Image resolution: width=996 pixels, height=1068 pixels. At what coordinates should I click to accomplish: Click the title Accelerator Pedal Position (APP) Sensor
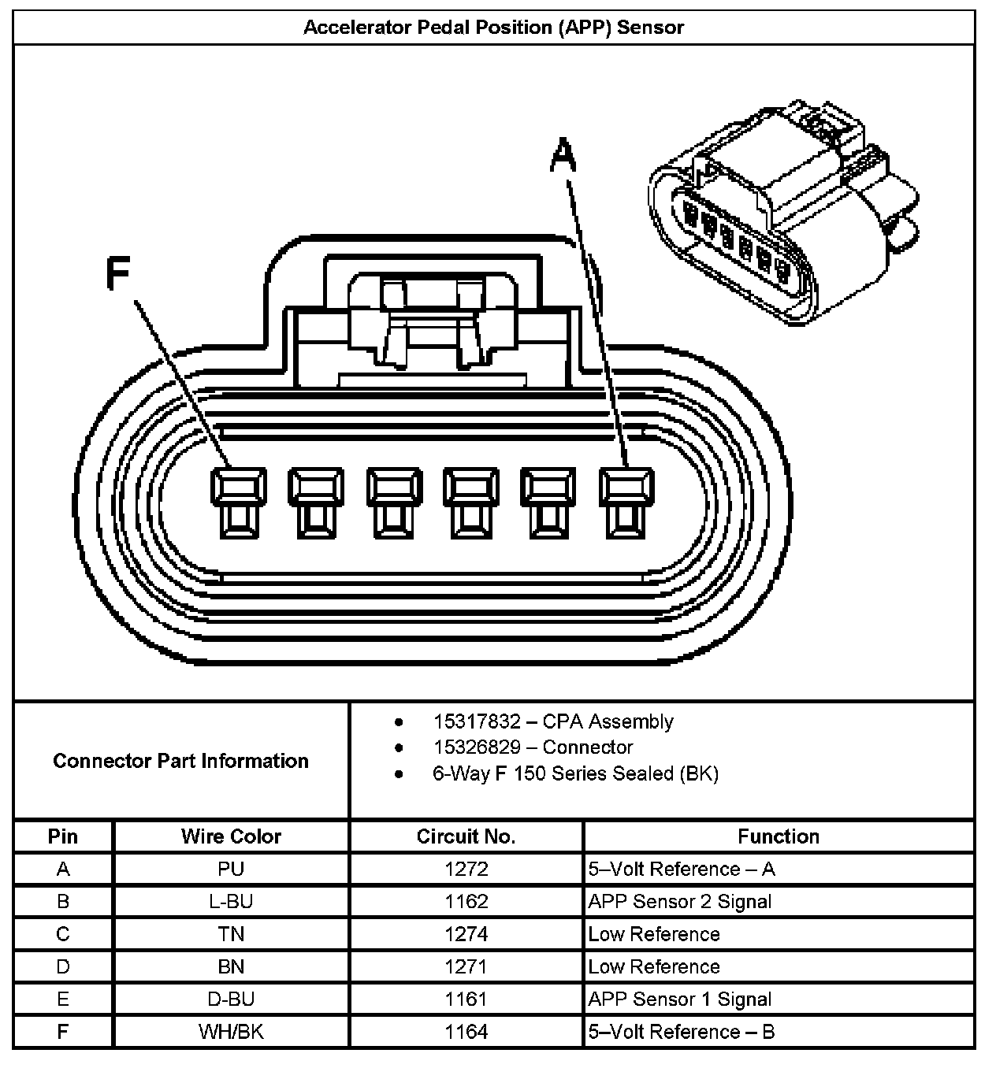point(493,28)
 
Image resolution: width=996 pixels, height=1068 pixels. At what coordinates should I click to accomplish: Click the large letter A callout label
point(563,154)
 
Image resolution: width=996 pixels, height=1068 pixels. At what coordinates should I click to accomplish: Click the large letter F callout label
point(117,274)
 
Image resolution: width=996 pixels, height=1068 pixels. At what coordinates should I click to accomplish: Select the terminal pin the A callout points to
point(626,502)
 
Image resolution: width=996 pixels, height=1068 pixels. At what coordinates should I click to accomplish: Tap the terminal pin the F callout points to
point(238,502)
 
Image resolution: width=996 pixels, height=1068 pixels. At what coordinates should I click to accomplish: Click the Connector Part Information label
point(180,761)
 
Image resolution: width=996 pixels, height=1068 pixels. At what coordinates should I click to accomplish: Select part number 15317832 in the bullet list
point(477,721)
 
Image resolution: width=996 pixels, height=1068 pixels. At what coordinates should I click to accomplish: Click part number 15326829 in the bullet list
point(477,747)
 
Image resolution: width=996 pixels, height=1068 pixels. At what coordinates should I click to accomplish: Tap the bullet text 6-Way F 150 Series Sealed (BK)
point(575,773)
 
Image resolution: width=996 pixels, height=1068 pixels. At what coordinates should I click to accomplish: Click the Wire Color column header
point(231,836)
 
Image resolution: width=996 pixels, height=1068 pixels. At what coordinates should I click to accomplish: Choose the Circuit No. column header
point(466,836)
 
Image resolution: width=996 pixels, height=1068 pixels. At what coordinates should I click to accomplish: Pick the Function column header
point(779,836)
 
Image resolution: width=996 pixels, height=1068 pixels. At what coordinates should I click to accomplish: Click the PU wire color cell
point(231,869)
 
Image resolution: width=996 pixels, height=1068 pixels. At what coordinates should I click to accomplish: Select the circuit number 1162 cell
point(466,901)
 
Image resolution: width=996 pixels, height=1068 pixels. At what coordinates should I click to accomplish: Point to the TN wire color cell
point(231,934)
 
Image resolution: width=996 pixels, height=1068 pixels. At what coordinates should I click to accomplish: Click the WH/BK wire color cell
point(231,1032)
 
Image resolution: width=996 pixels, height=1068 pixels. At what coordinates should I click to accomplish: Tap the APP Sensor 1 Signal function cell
point(679,999)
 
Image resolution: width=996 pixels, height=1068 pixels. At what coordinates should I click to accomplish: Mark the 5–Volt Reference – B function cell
point(681,1032)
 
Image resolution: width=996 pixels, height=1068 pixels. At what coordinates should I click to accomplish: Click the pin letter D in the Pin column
point(63,966)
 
